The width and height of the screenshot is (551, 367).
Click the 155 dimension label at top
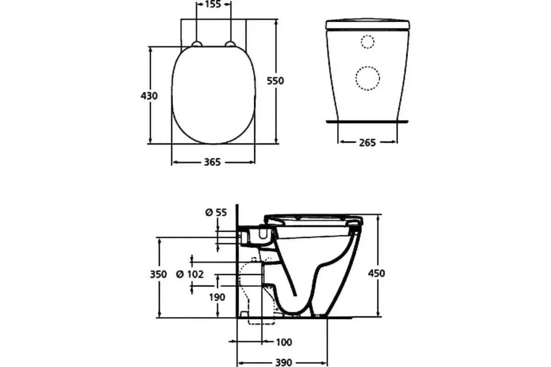point(213,5)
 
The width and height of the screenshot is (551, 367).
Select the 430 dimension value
point(149,96)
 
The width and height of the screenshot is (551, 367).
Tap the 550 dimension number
point(275,81)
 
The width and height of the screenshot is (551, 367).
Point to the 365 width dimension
point(213,162)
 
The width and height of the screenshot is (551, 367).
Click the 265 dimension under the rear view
point(367,143)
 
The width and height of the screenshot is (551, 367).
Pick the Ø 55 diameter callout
point(216,212)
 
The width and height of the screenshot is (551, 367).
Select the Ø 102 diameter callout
point(190,274)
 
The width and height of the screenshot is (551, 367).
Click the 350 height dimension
point(158,274)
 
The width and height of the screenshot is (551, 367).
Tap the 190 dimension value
point(217,297)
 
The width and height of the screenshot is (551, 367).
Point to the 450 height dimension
point(377,273)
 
